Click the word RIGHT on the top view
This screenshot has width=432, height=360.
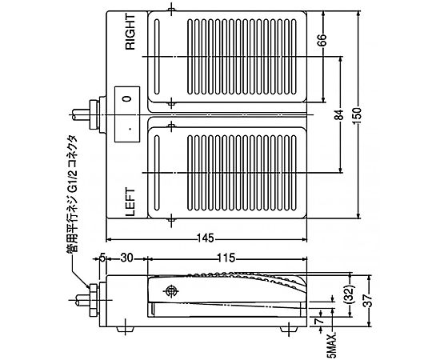pyautogui.click(x=130, y=32)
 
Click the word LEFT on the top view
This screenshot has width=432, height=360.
pyautogui.click(x=130, y=202)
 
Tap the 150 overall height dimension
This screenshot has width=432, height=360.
pyautogui.click(x=358, y=116)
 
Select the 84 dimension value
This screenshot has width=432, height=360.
pyautogui.click(x=341, y=114)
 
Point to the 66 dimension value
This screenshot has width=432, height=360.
pyautogui.click(x=323, y=40)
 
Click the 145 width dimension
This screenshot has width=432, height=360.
pyautogui.click(x=206, y=238)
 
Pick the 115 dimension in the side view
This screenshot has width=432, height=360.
pyautogui.click(x=226, y=258)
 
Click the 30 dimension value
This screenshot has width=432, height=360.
pyautogui.click(x=126, y=258)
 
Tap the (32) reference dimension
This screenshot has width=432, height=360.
pyautogui.click(x=350, y=294)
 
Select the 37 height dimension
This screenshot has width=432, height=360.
pyautogui.click(x=368, y=300)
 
